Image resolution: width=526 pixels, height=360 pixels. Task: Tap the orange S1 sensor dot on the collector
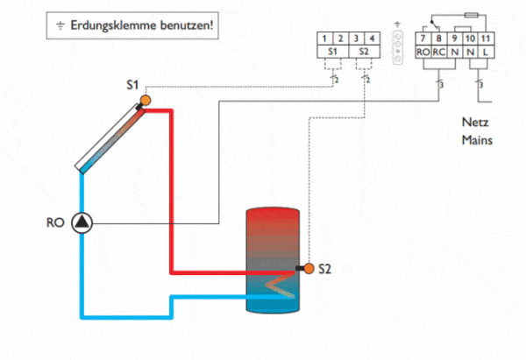pyautogui.click(x=146, y=99)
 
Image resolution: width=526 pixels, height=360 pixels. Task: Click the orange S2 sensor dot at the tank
pyautogui.click(x=307, y=267)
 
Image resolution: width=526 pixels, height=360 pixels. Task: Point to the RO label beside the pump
pyautogui.click(x=53, y=222)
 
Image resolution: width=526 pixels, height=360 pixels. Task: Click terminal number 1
pyautogui.click(x=325, y=39)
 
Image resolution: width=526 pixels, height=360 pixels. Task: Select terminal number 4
pyautogui.click(x=373, y=39)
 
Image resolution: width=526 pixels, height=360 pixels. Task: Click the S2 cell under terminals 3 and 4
pyautogui.click(x=366, y=53)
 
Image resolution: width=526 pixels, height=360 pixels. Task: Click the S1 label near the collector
pyautogui.click(x=132, y=85)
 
